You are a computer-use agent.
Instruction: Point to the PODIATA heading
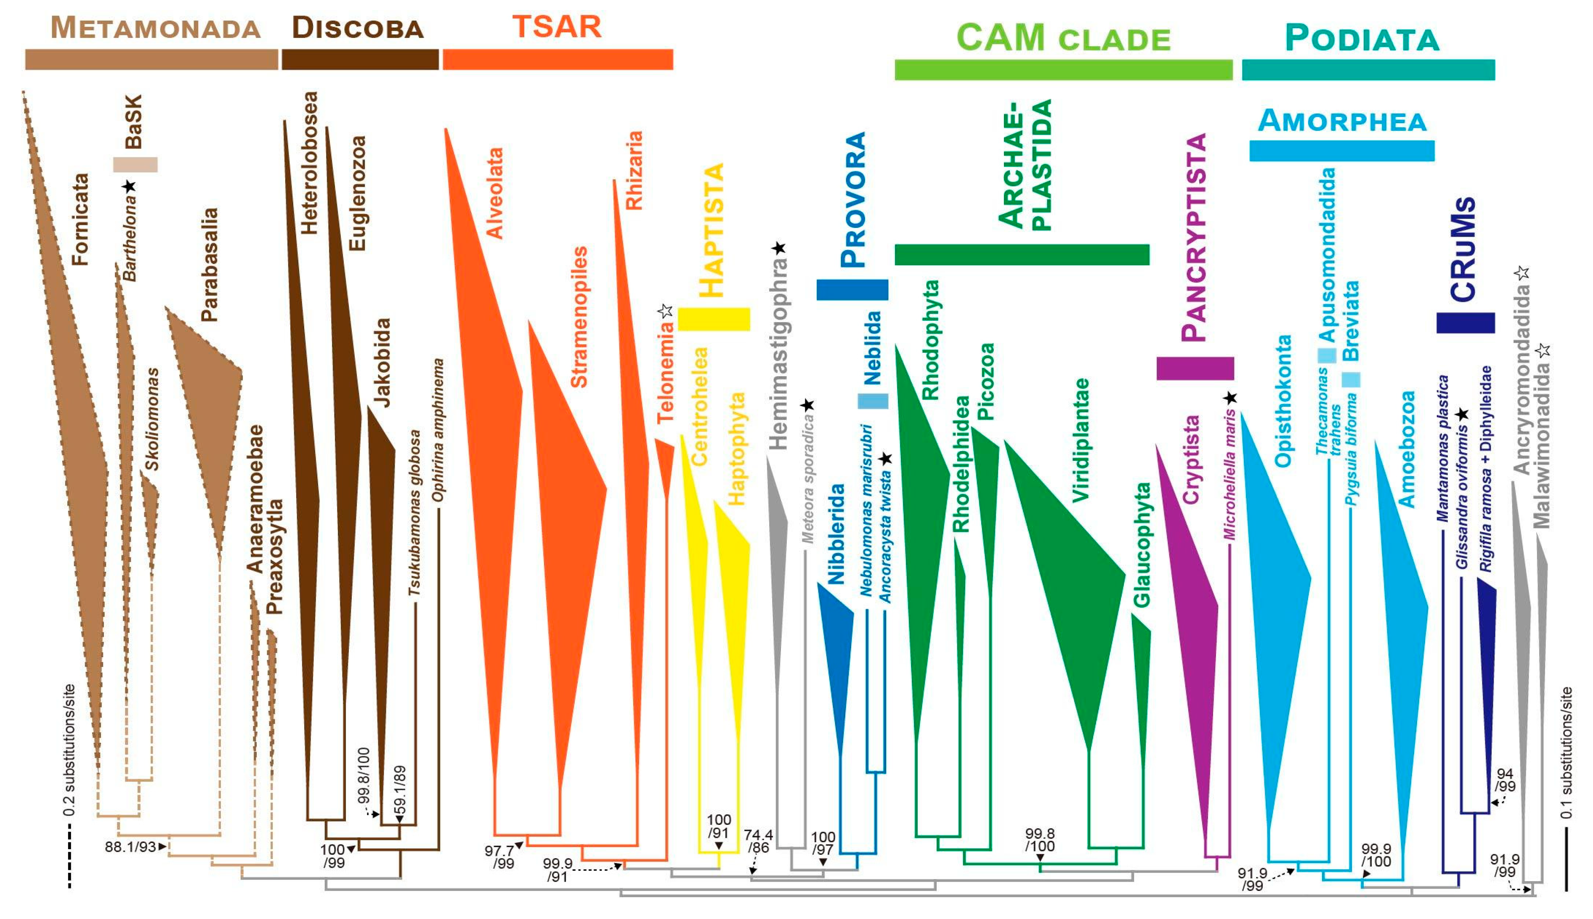click(x=1362, y=39)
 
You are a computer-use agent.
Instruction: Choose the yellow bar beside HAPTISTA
click(x=713, y=320)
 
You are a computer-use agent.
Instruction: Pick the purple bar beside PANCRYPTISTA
click(x=1195, y=369)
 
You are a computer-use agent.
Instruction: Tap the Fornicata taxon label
click(x=80, y=219)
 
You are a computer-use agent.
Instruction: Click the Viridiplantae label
click(x=1081, y=440)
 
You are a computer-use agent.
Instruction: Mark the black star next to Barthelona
click(x=130, y=185)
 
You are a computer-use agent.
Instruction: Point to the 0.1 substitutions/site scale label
click(x=1566, y=753)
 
